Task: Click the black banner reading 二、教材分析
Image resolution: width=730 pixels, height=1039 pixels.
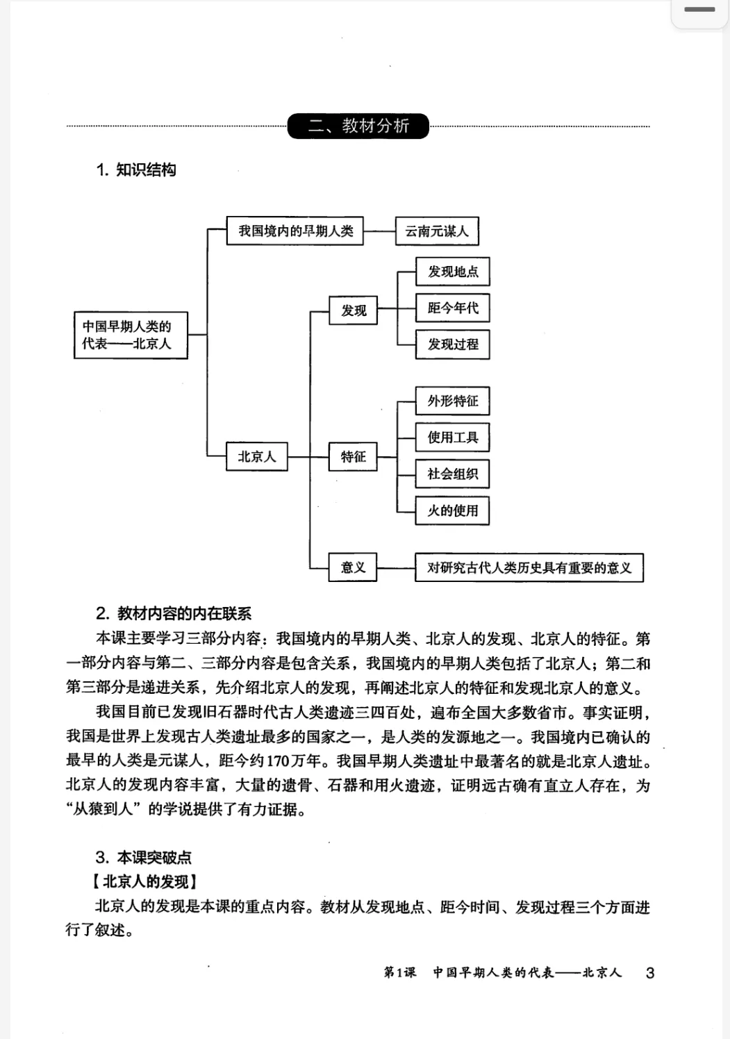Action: point(358,126)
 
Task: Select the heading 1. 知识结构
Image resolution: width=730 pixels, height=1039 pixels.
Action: point(136,170)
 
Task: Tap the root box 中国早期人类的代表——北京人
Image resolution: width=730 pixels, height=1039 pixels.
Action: point(131,335)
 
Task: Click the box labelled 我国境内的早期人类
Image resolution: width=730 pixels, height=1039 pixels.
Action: point(296,231)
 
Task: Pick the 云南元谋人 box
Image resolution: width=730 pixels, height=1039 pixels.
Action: point(437,231)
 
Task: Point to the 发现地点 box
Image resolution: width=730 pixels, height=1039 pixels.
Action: point(453,272)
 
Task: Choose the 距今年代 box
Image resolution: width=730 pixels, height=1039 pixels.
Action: point(453,308)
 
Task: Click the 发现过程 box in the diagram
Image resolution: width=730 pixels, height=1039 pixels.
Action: point(453,344)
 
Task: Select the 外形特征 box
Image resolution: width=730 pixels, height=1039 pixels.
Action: point(453,401)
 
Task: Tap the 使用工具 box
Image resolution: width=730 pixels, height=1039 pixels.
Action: point(453,438)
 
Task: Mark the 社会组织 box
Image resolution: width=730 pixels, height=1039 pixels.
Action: point(453,474)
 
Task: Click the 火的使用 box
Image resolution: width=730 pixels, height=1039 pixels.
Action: point(453,511)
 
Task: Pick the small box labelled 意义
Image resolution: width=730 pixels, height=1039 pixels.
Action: point(353,567)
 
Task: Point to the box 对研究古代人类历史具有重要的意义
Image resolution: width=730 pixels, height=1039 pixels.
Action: point(529,567)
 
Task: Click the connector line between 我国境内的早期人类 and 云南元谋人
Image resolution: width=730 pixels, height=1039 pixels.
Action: point(380,231)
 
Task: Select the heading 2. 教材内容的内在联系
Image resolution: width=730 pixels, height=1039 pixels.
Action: point(174,613)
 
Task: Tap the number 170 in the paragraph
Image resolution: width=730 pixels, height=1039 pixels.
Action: point(278,761)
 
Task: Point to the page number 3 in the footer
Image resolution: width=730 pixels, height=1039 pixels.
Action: point(650,973)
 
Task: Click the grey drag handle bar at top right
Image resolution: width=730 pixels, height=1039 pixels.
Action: point(699,10)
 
